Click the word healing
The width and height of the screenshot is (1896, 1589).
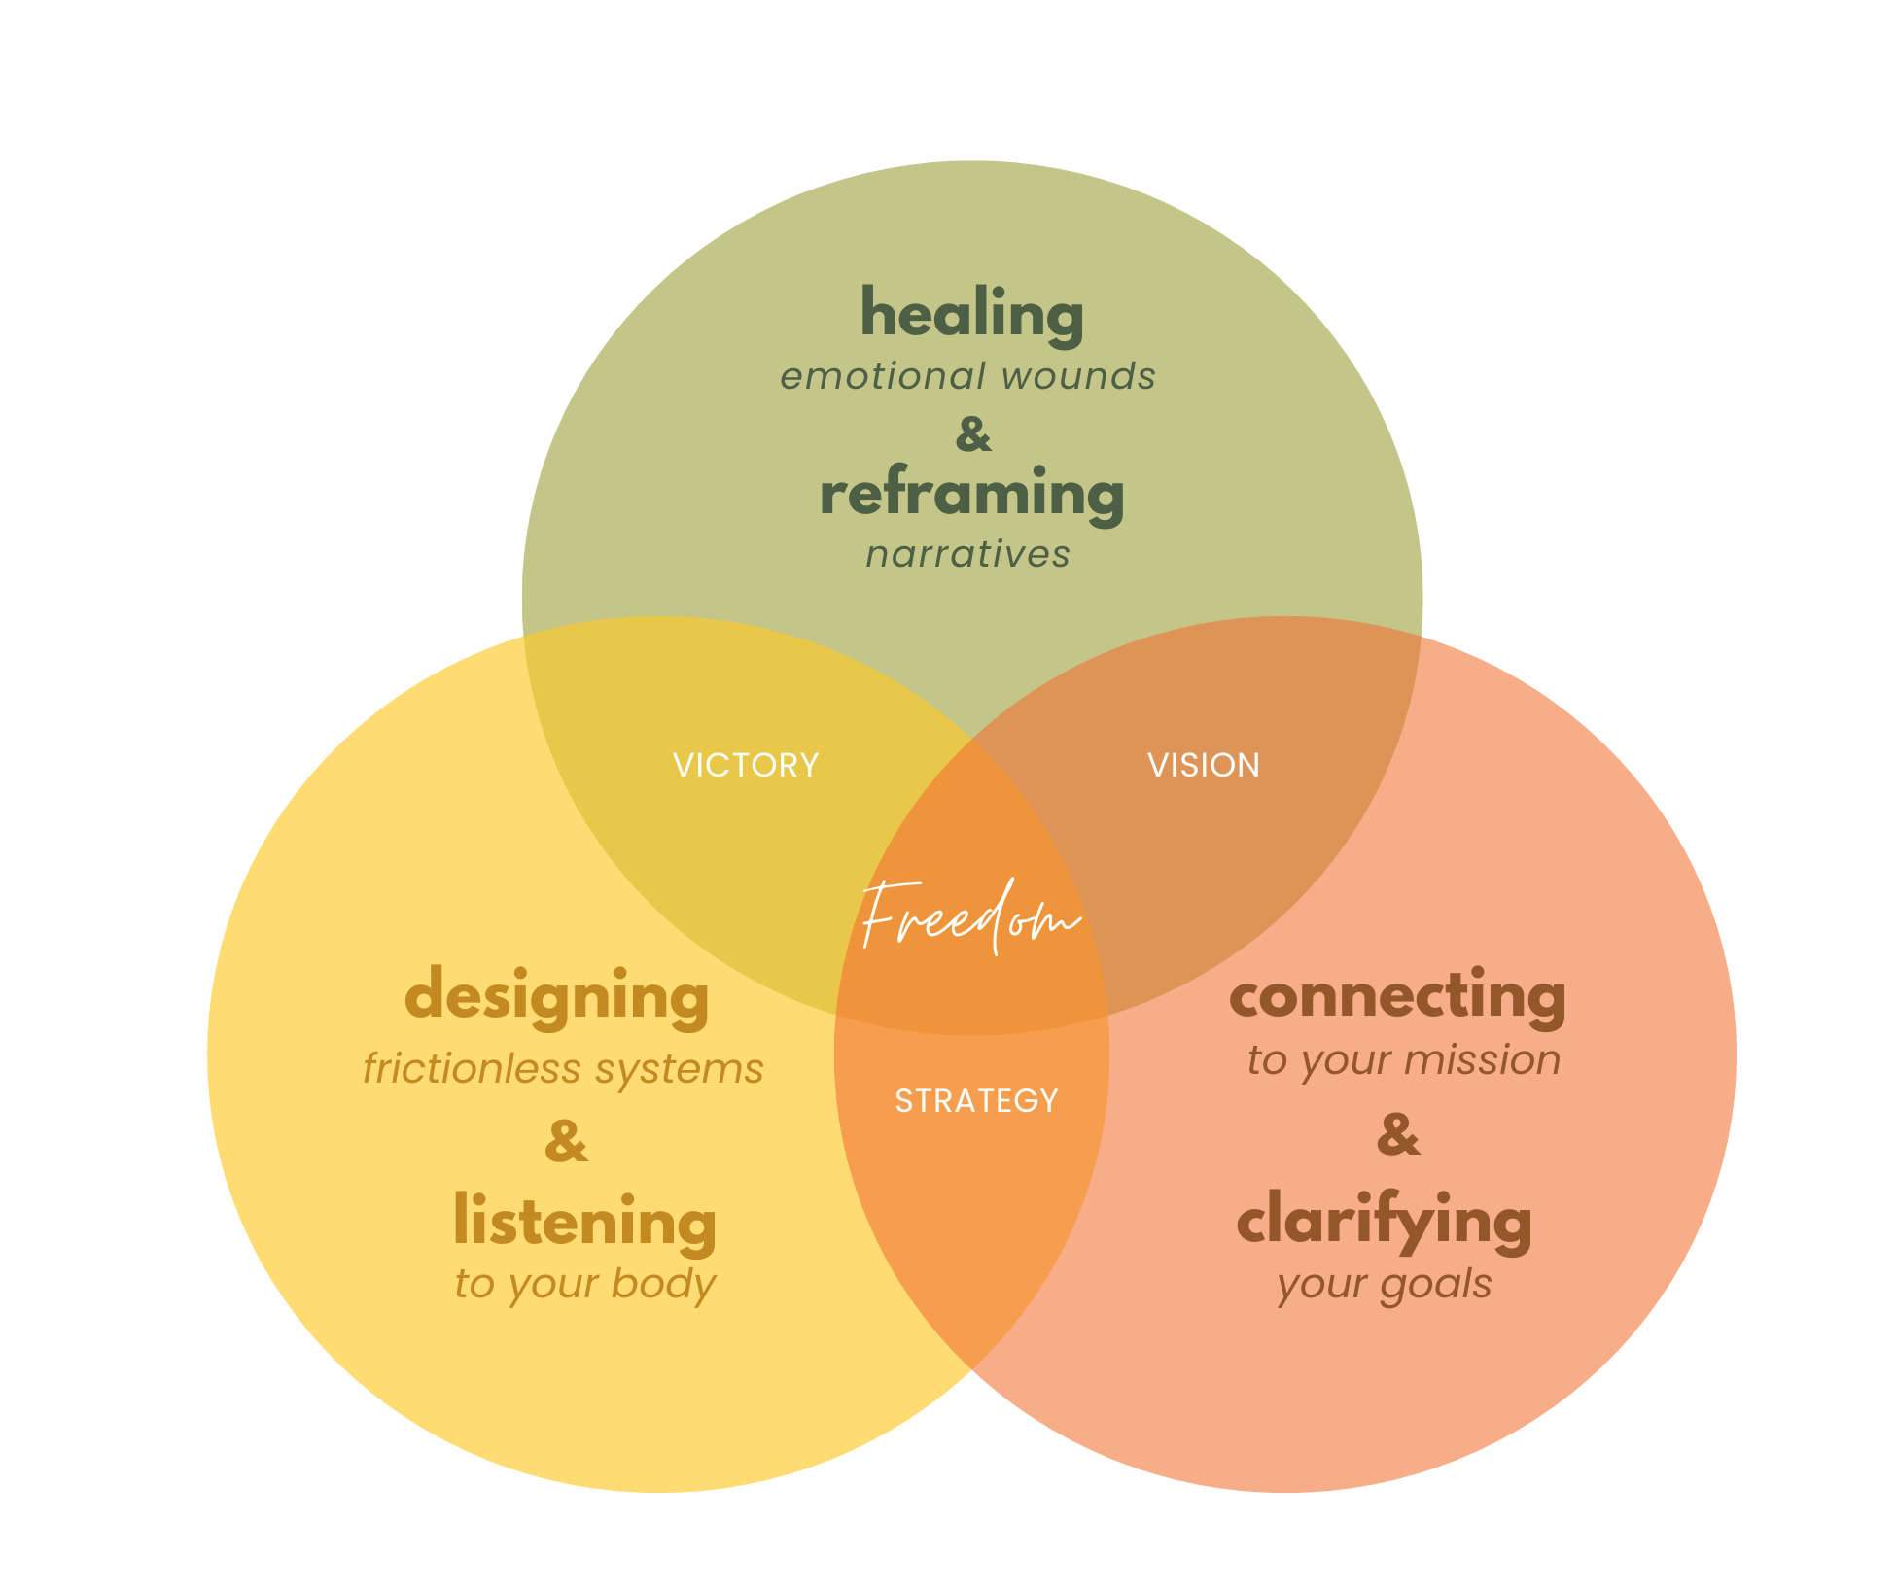(x=971, y=316)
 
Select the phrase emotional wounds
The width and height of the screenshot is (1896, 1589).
(x=967, y=376)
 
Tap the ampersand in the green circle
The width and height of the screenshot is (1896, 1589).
(x=973, y=433)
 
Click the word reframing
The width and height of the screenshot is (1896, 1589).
(x=971, y=495)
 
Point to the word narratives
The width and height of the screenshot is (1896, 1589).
(x=968, y=554)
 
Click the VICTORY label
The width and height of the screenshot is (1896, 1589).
(x=746, y=765)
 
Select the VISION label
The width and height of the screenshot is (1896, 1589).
(x=1204, y=765)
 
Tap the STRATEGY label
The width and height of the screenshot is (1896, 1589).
(x=976, y=1100)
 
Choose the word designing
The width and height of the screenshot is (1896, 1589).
(x=557, y=998)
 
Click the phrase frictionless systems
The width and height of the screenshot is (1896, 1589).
(x=563, y=1068)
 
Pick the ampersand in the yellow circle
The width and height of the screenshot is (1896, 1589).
(x=566, y=1141)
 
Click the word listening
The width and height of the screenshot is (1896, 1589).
(x=584, y=1222)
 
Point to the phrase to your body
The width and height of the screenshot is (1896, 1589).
(x=584, y=1284)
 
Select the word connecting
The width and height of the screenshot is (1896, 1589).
(x=1397, y=996)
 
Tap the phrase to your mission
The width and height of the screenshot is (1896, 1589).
(x=1404, y=1059)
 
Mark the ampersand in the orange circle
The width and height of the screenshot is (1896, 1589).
(x=1398, y=1134)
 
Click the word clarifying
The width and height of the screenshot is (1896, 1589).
(x=1385, y=1222)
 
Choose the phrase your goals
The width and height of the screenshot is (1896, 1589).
(x=1385, y=1284)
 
